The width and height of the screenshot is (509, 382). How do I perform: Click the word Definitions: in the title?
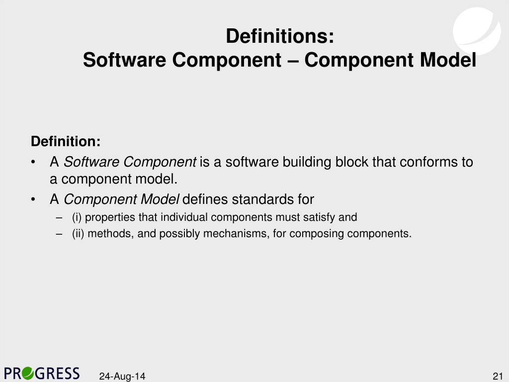(280, 37)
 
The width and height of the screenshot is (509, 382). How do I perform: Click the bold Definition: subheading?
(66, 142)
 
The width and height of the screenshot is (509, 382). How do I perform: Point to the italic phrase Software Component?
(130, 162)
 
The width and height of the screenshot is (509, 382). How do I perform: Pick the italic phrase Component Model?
(121, 200)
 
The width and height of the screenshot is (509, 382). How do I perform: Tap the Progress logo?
(42, 373)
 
